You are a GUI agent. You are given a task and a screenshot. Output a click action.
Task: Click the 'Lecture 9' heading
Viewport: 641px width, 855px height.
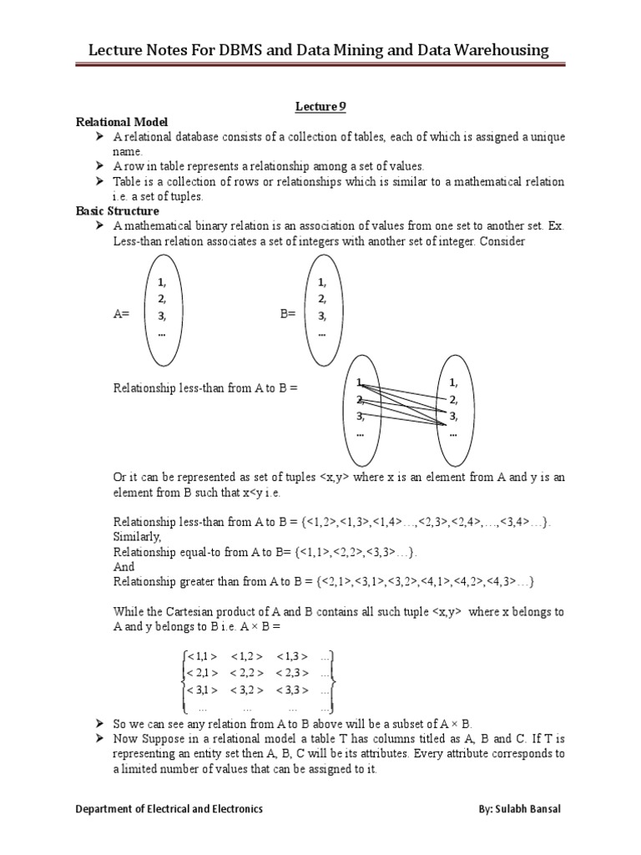pos(320,106)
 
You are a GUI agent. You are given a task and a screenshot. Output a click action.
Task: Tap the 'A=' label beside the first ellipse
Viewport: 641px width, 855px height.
pos(121,315)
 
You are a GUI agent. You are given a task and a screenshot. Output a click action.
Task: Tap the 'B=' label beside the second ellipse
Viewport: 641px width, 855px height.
pos(287,315)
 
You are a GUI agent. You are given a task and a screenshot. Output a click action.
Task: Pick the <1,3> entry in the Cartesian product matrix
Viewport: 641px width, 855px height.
pos(293,655)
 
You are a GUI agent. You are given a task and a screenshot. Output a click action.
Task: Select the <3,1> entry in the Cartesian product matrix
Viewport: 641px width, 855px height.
pos(203,689)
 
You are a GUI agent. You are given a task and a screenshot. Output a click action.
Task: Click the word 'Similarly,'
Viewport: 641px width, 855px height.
pos(135,536)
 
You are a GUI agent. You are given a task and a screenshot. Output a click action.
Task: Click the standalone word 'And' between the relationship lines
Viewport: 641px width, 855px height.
pos(123,566)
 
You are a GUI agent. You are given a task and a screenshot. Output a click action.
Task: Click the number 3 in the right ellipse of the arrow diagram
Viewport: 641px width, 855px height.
pos(452,415)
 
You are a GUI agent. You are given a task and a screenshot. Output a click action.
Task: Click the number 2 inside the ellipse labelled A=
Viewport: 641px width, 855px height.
pos(161,299)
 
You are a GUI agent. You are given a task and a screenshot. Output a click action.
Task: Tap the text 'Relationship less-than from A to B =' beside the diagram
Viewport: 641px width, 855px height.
pos(205,388)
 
